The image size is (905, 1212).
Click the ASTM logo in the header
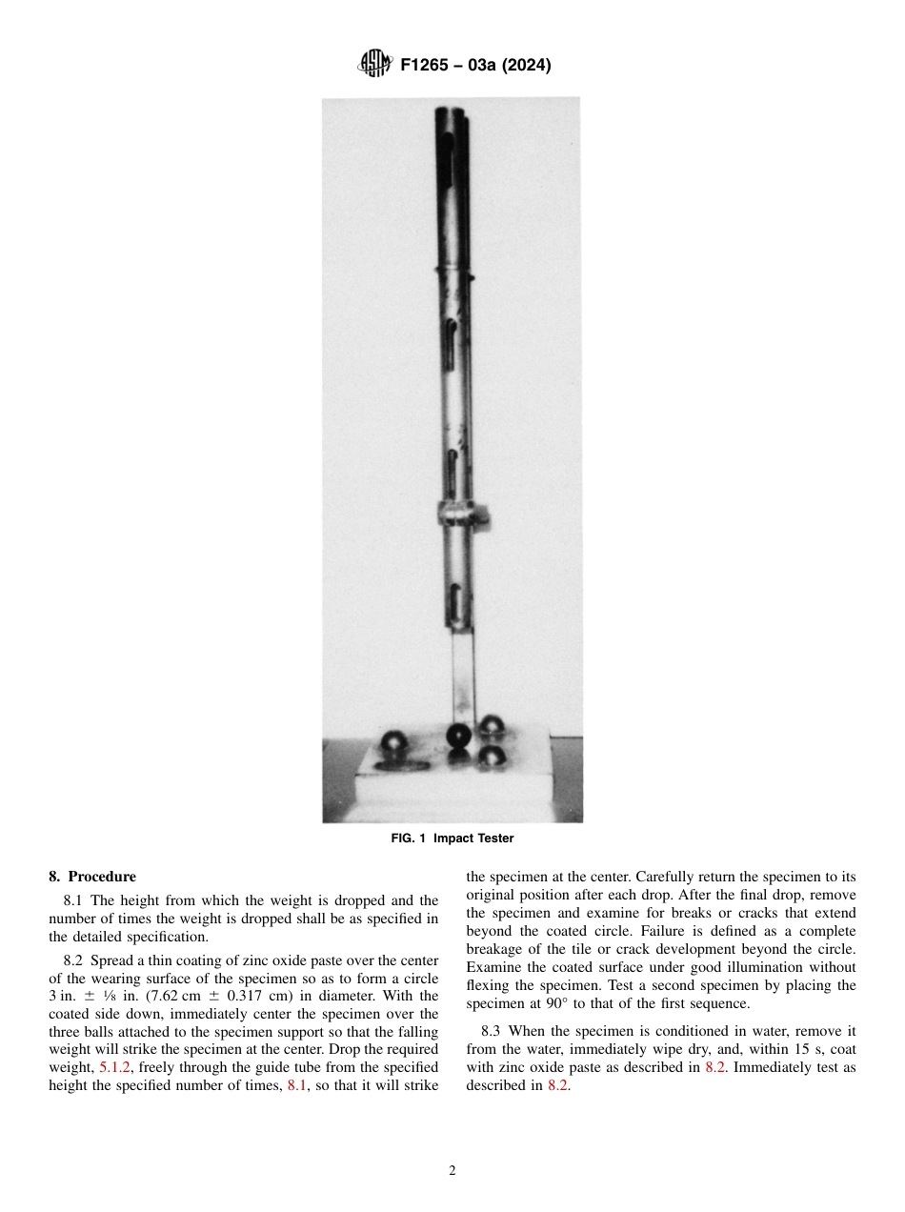click(374, 65)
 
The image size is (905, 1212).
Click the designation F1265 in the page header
click(429, 66)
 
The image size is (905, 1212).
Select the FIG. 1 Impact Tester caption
click(452, 838)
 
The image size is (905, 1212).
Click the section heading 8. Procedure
click(92, 877)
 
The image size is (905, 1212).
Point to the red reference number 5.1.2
click(116, 1067)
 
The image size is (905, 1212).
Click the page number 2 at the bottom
click(452, 1171)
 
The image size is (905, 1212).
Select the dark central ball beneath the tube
click(459, 736)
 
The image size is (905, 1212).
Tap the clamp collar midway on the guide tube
click(462, 513)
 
